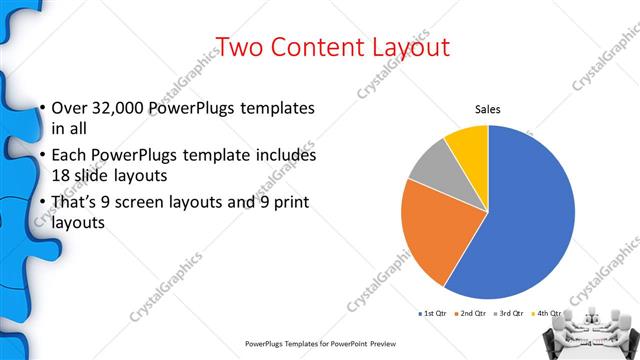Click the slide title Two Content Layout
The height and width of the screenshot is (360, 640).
tap(333, 46)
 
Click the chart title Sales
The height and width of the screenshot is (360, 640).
tap(487, 109)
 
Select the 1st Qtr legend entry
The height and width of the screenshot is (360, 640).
tap(435, 314)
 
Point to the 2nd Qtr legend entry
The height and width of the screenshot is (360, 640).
tap(472, 314)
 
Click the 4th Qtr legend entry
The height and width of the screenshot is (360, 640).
tap(549, 314)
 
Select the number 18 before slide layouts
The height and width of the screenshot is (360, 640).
tap(60, 175)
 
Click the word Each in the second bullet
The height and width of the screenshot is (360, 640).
tap(69, 156)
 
